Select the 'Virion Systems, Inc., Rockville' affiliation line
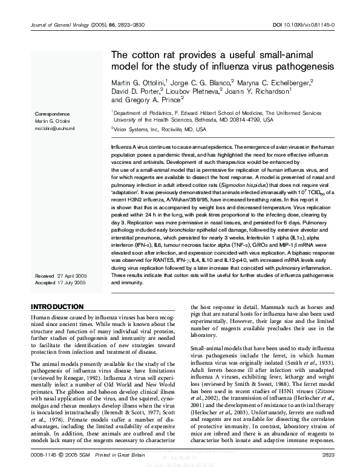pos(160,129)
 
